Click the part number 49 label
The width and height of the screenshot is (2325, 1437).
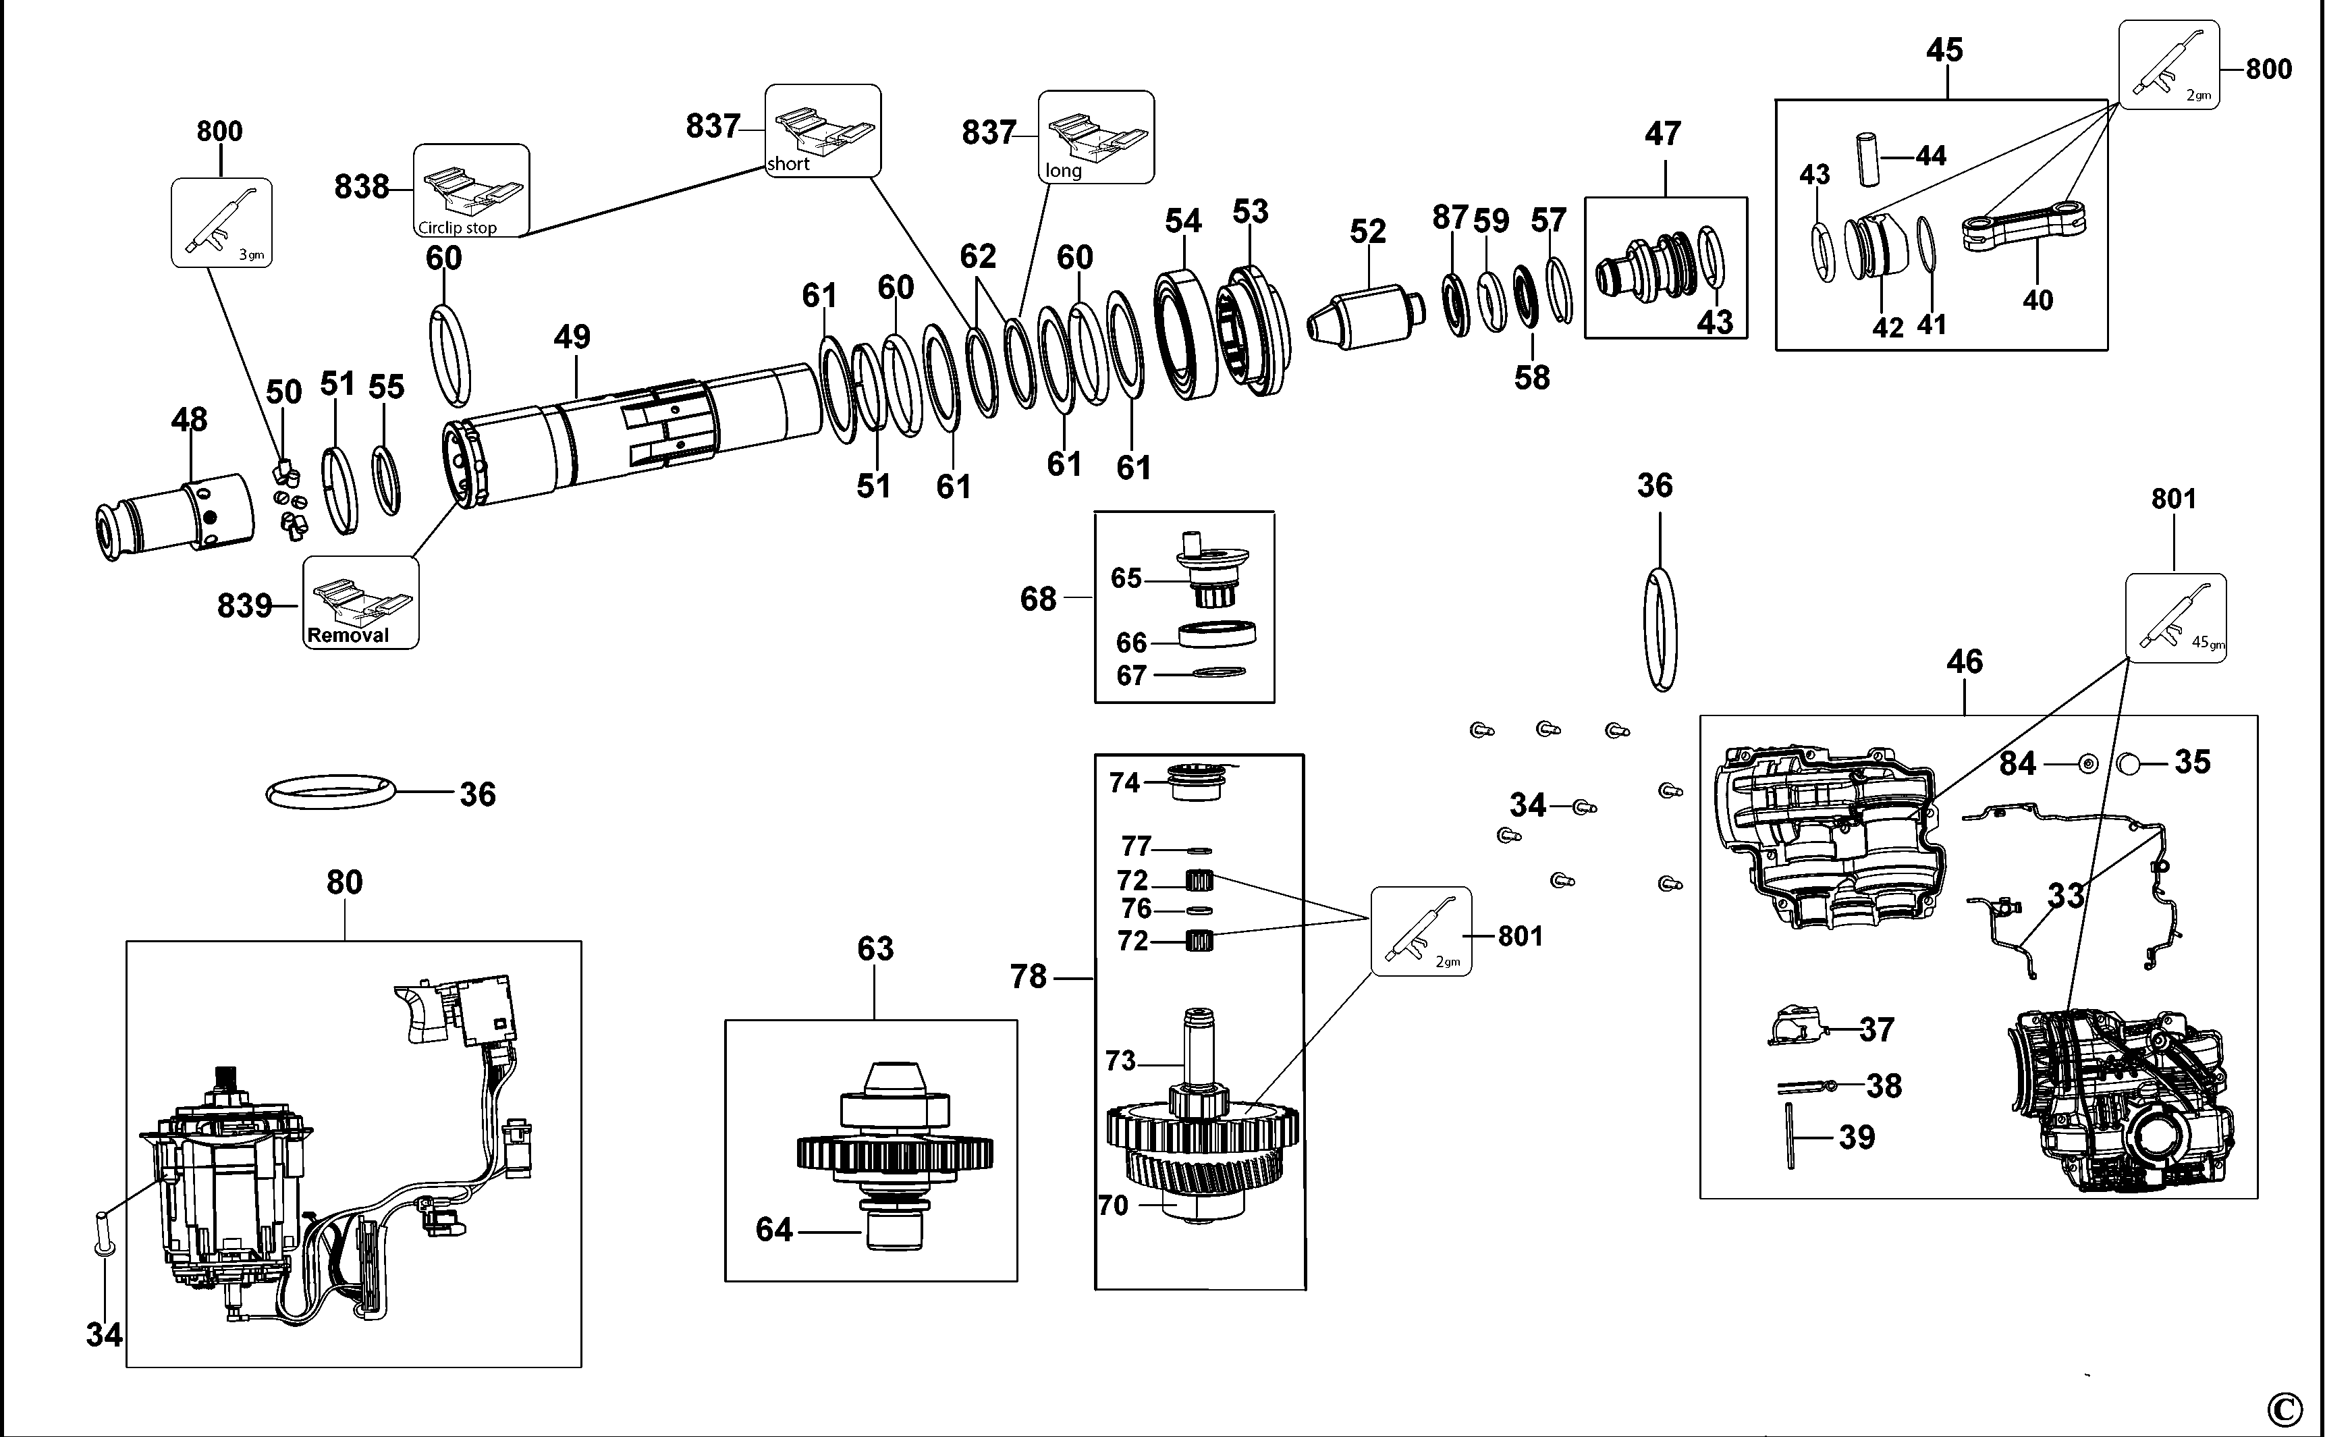pyautogui.click(x=572, y=336)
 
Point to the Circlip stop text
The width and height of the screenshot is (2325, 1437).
pyautogui.click(x=457, y=228)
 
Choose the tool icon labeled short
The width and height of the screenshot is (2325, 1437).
pyautogui.click(x=823, y=131)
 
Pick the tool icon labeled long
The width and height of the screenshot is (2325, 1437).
pyautogui.click(x=1095, y=136)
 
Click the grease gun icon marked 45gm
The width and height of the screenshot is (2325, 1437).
pyautogui.click(x=2175, y=617)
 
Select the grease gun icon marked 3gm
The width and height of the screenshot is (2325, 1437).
pyautogui.click(x=221, y=222)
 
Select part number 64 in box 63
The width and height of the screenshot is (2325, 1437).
pyautogui.click(x=773, y=1230)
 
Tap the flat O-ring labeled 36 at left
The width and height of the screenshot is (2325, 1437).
pyautogui.click(x=331, y=791)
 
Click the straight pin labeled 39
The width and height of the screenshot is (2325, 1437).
pyautogui.click(x=1789, y=1136)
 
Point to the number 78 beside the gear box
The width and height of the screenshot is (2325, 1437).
pyautogui.click(x=1028, y=977)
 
